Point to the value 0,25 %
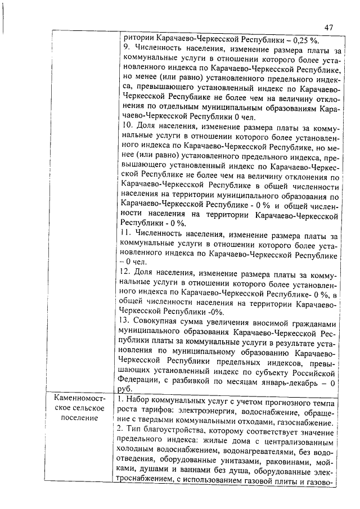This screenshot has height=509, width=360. (303, 39)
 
